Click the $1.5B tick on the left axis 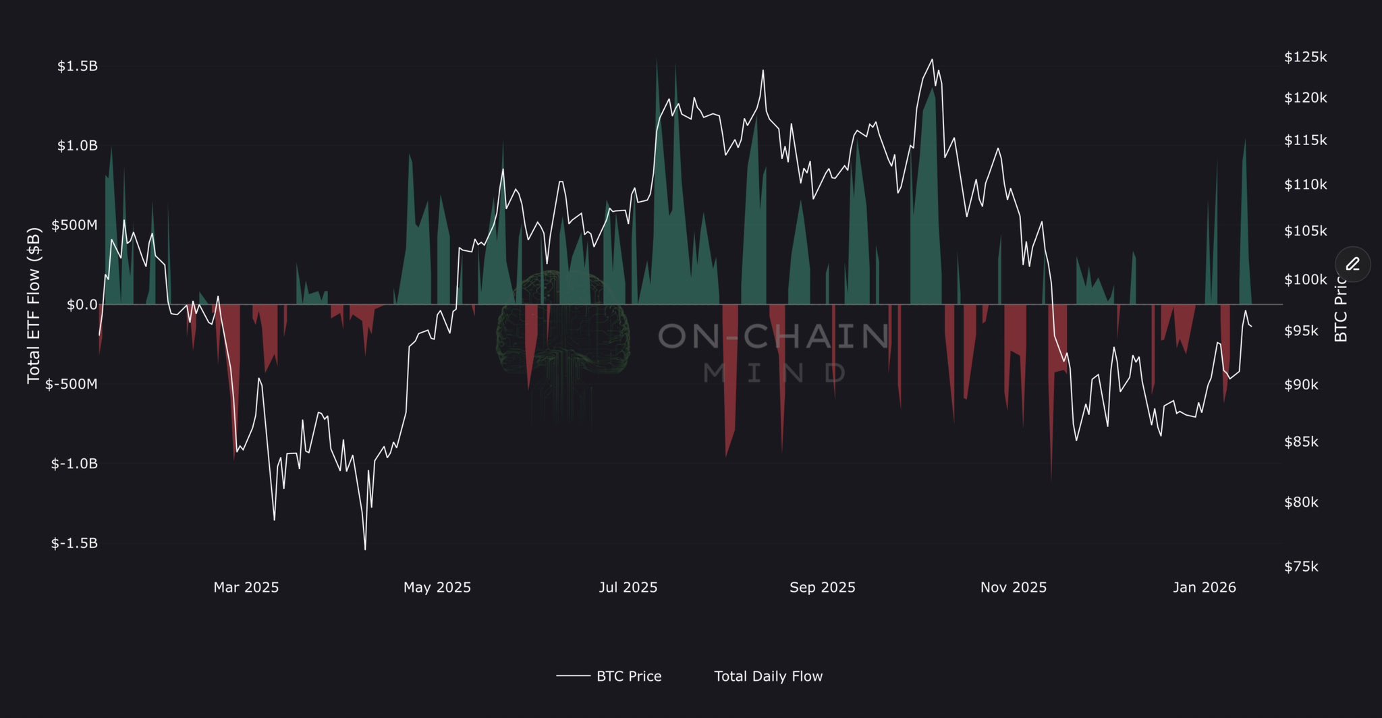tap(78, 66)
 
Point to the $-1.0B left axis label tap(74, 464)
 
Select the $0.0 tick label tap(82, 304)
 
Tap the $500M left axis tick tap(74, 225)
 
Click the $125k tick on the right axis tap(1305, 57)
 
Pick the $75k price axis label tap(1301, 566)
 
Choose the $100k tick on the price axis tap(1305, 279)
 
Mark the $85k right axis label tap(1301, 442)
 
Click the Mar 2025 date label tap(246, 587)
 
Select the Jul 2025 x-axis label tap(628, 587)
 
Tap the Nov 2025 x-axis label tap(1013, 587)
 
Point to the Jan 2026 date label tap(1204, 587)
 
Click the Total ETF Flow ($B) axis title tap(34, 305)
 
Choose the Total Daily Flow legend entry tap(768, 676)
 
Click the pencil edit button tap(1352, 264)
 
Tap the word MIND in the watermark tap(774, 372)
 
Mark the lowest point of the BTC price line tap(365, 549)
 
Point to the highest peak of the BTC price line tap(932, 59)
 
